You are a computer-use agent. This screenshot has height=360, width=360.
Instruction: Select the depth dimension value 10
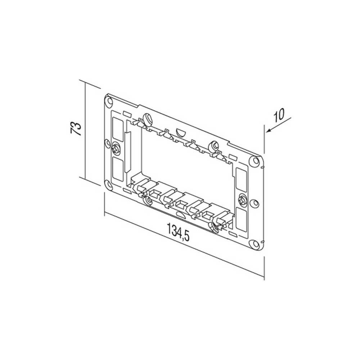(279, 115)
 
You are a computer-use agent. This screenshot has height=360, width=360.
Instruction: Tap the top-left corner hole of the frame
(108, 101)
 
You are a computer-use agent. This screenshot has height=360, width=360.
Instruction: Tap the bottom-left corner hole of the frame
(108, 184)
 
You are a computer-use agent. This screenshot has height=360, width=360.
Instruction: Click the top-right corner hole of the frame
(254, 160)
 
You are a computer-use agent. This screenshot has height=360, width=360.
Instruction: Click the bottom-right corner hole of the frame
(254, 243)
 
